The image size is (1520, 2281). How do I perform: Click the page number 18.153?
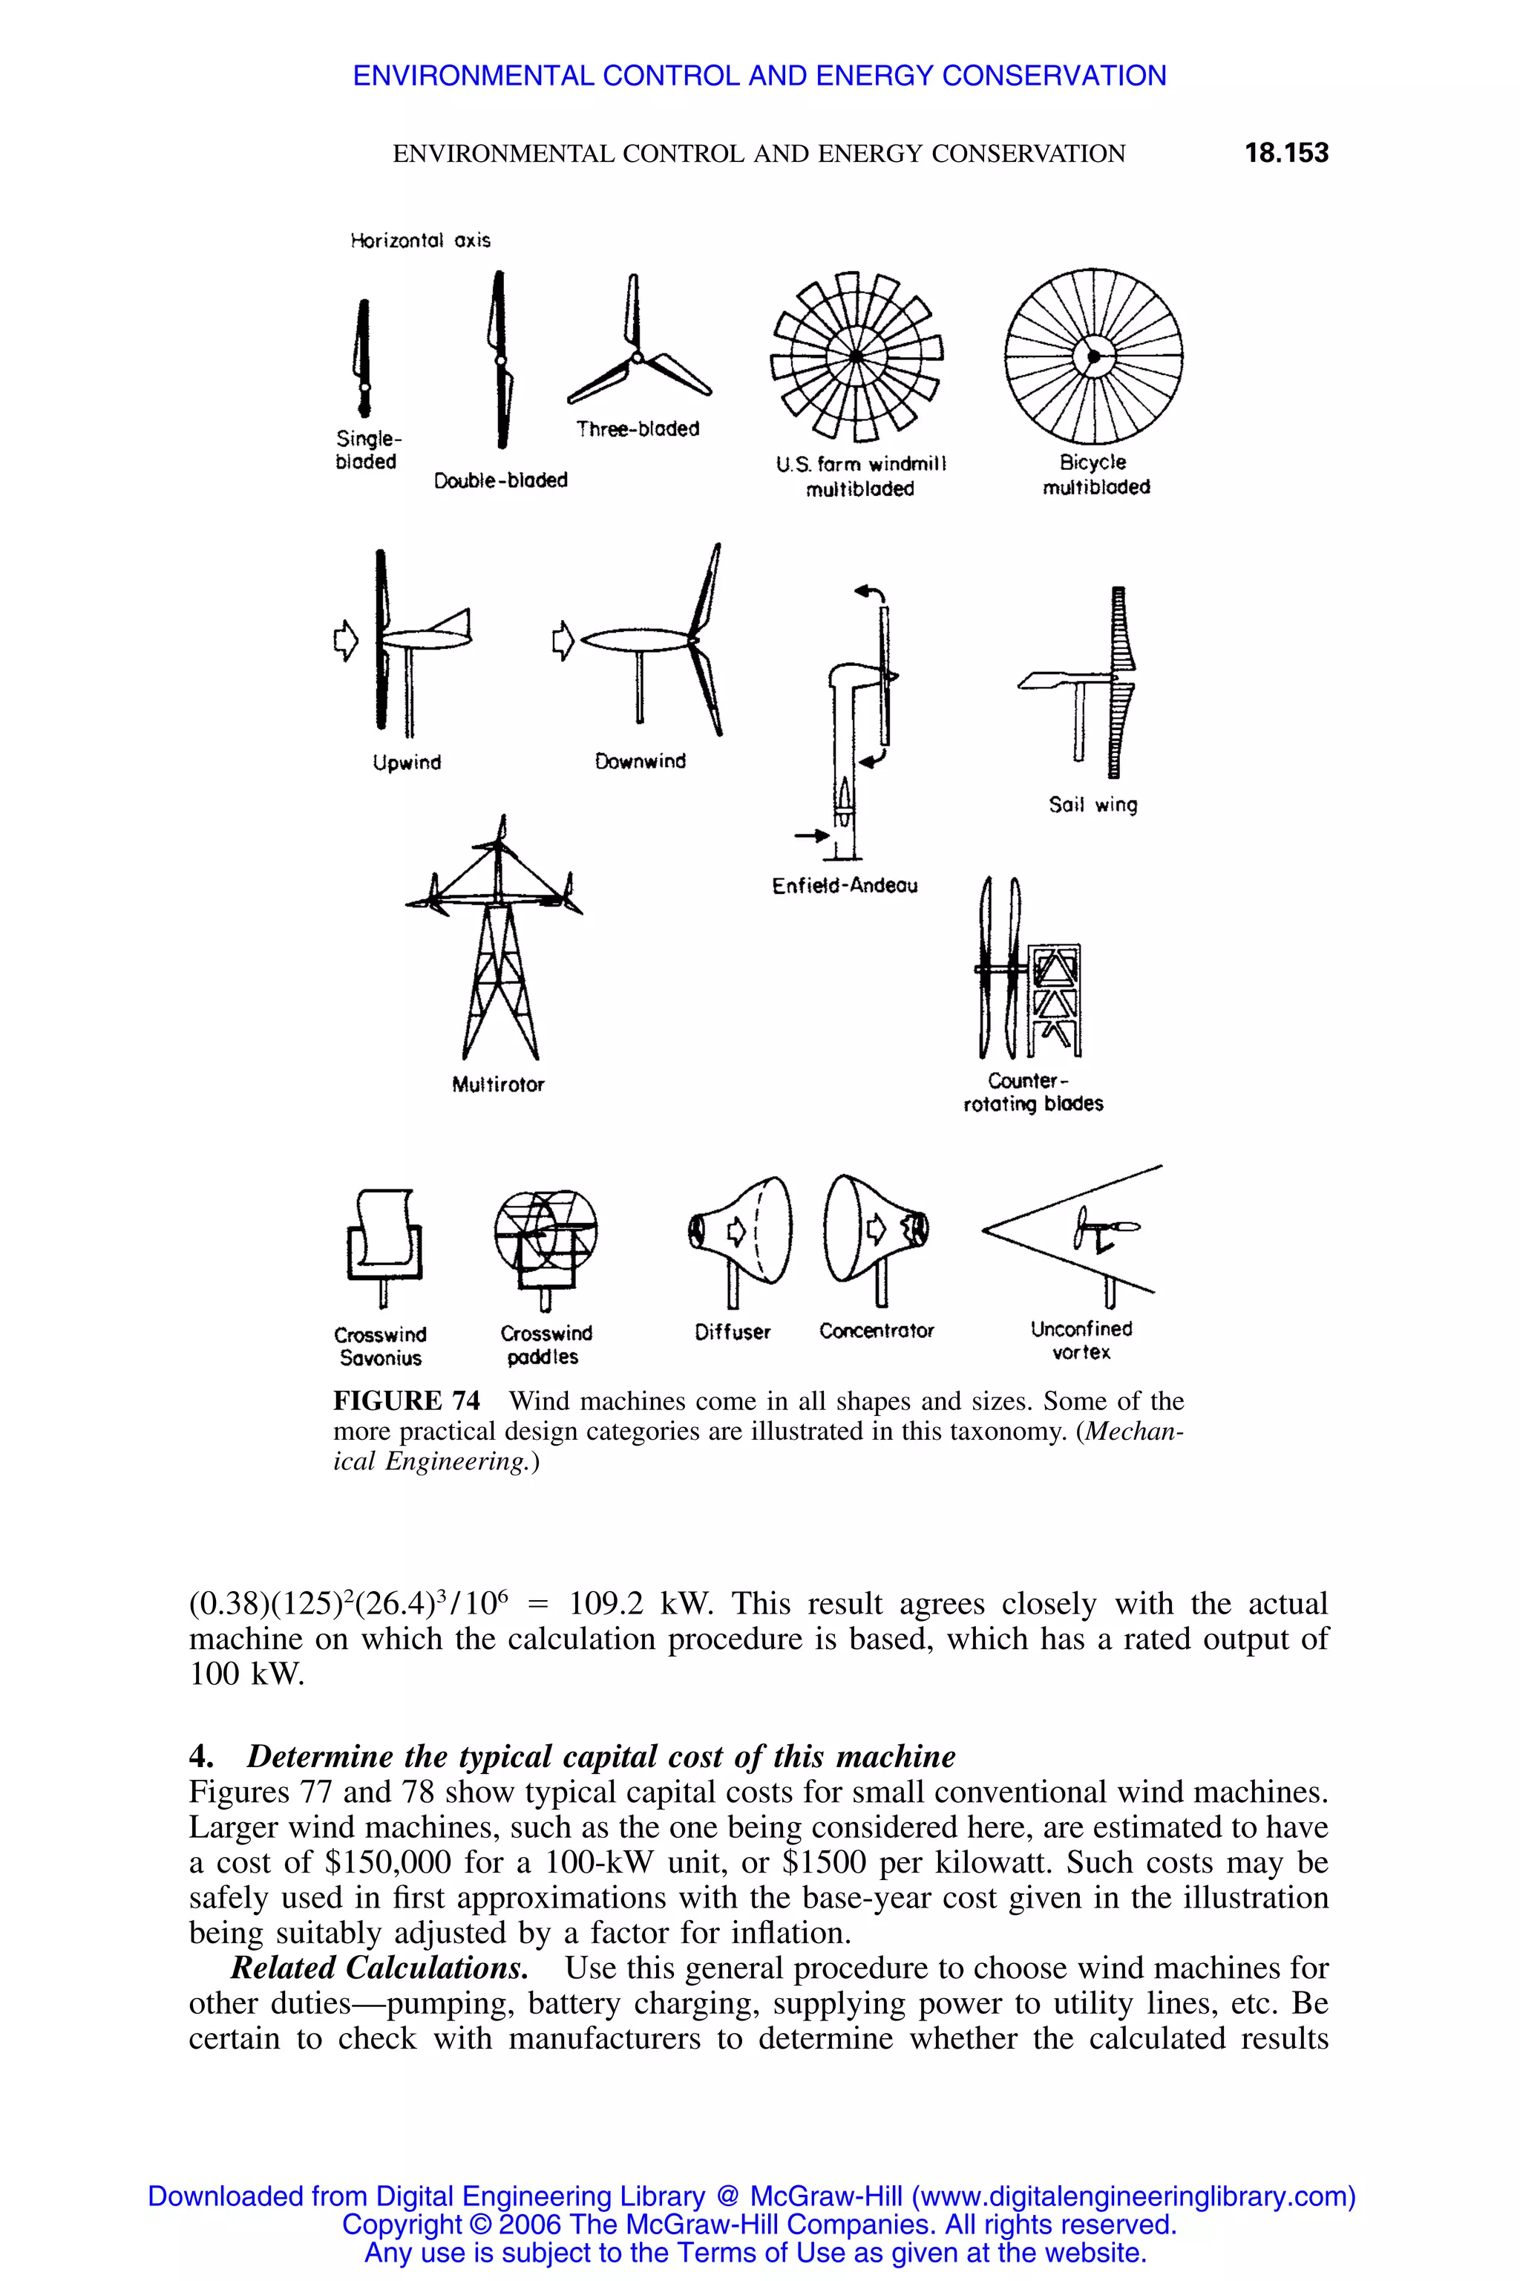point(1285,152)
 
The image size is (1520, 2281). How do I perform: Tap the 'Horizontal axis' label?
point(420,240)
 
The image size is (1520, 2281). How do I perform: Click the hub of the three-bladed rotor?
point(637,358)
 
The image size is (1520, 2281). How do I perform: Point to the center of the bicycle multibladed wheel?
point(1093,356)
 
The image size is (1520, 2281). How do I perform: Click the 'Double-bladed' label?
point(500,480)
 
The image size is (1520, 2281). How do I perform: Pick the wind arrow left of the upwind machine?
point(345,639)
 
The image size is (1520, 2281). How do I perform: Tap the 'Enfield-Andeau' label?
point(845,885)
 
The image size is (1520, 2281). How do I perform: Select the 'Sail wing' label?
point(1092,804)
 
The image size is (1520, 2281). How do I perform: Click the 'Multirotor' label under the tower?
point(498,1084)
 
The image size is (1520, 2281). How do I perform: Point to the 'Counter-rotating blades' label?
point(1032,1092)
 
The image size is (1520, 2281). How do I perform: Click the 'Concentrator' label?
point(877,1331)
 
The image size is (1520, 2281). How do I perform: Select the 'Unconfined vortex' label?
point(1081,1340)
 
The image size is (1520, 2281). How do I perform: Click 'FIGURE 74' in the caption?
point(406,1400)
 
